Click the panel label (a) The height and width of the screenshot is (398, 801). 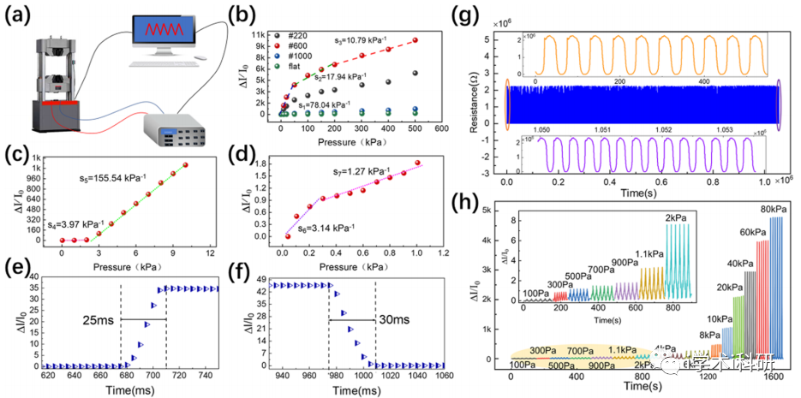(19, 15)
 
